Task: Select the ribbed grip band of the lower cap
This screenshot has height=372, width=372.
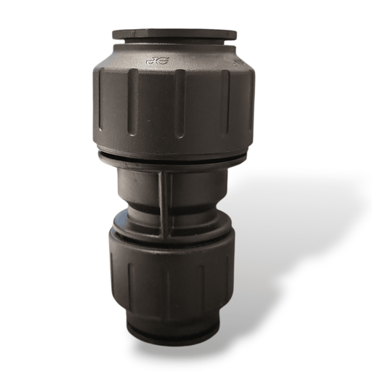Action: [174, 272]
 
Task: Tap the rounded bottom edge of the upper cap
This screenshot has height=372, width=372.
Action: [174, 145]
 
